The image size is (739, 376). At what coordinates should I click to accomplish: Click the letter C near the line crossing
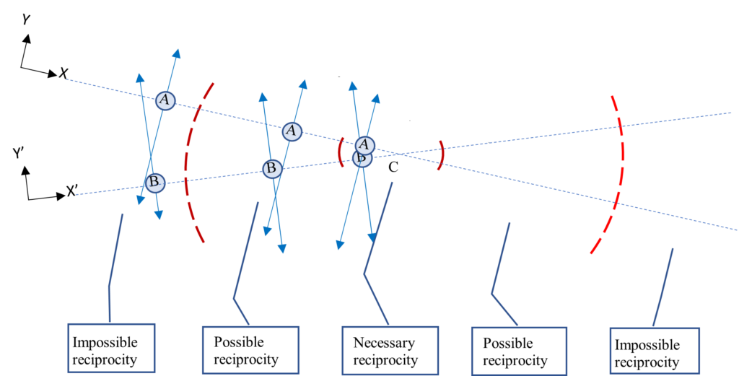click(x=393, y=167)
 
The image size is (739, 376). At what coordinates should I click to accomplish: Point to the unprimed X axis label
click(x=64, y=73)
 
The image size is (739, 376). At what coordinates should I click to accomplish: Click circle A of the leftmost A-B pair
click(x=165, y=100)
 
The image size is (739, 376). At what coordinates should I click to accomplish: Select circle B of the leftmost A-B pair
click(x=154, y=182)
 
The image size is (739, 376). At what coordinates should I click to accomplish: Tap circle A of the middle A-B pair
click(x=292, y=131)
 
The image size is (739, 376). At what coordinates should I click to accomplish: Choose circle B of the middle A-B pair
click(x=271, y=168)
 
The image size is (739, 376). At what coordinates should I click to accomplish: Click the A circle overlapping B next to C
click(x=365, y=144)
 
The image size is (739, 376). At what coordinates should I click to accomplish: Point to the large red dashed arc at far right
click(x=619, y=173)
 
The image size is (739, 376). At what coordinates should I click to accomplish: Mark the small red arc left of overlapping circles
click(x=341, y=152)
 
